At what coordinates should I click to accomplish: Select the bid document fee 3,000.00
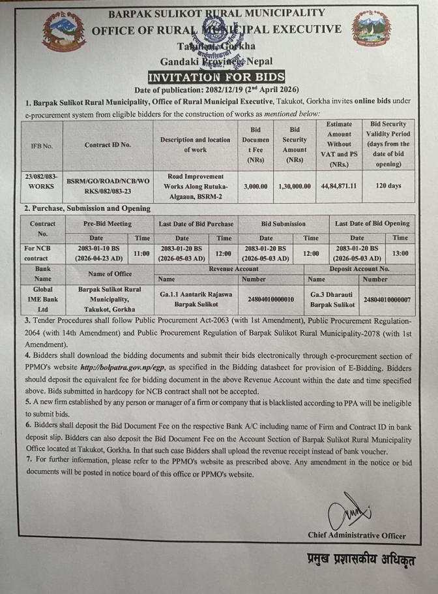pyautogui.click(x=255, y=186)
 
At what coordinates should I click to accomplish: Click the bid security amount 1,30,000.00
pyautogui.click(x=295, y=186)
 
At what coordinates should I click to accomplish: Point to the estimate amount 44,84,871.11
pyautogui.click(x=339, y=186)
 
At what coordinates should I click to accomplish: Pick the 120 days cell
pyautogui.click(x=389, y=186)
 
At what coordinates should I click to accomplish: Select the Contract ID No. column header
pyautogui.click(x=108, y=145)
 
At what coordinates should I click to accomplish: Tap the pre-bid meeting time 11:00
pyautogui.click(x=141, y=253)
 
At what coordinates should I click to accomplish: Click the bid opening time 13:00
pyautogui.click(x=400, y=253)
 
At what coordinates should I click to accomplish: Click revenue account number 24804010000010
pyautogui.click(x=271, y=300)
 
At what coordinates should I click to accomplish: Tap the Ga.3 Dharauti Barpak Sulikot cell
pyautogui.click(x=332, y=300)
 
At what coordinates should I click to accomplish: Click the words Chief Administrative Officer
pyautogui.click(x=357, y=535)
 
